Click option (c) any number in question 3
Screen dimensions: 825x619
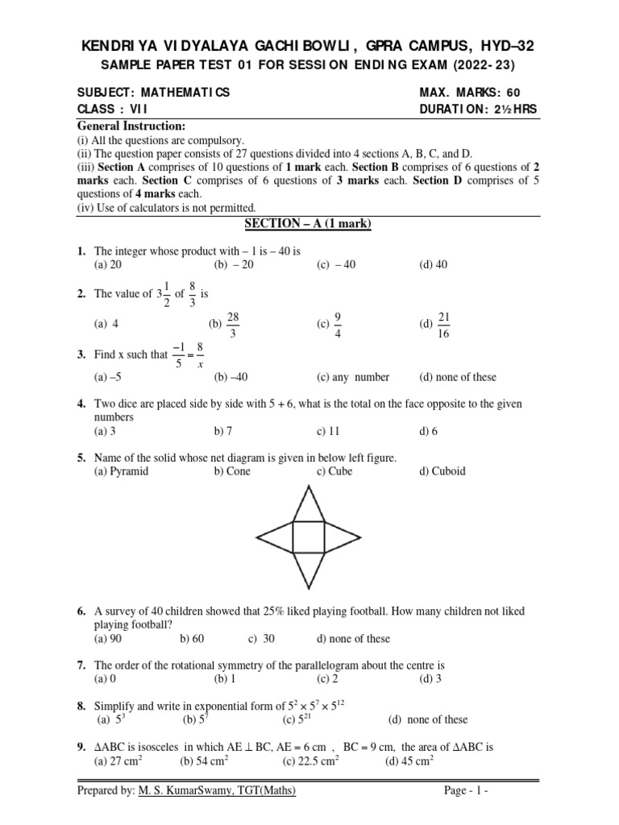[x=353, y=377]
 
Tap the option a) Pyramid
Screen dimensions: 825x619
[x=121, y=471]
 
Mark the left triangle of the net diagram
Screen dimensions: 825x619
[x=276, y=536]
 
